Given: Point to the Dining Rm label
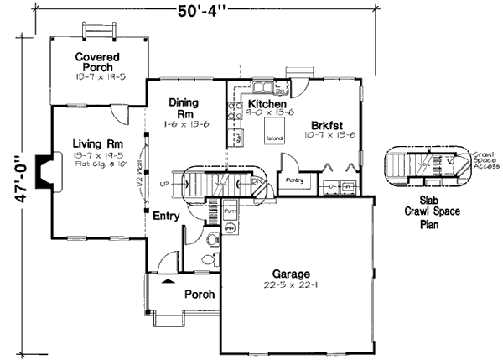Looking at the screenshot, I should (x=183, y=108).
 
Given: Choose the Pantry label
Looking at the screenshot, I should (x=293, y=180).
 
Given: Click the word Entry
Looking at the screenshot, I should (x=167, y=216).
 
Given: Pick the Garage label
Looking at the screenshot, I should (x=292, y=274).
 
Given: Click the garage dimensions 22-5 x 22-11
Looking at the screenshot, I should (x=292, y=286).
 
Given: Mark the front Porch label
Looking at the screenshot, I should (x=199, y=295).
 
